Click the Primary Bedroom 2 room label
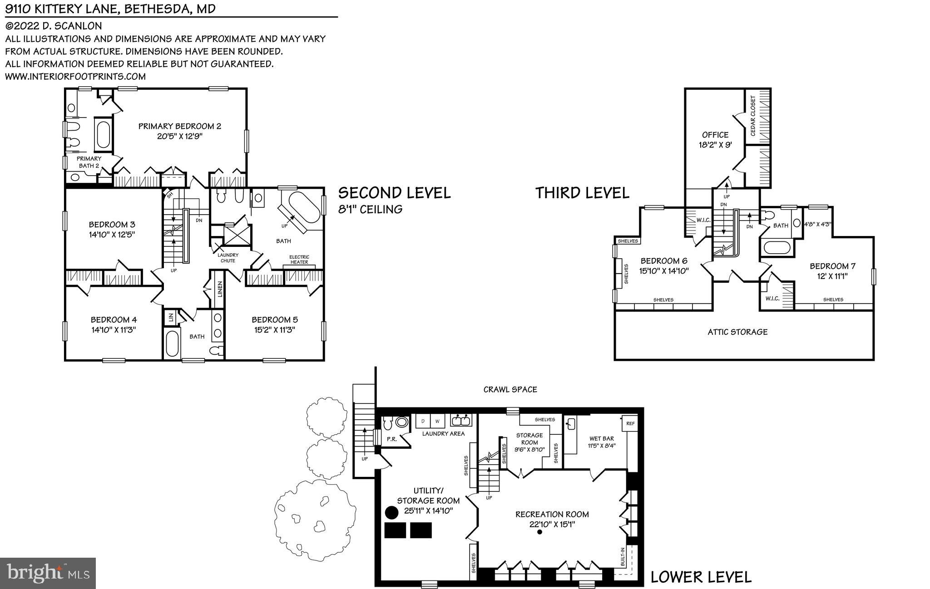click(180, 126)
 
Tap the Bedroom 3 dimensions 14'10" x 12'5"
click(112, 235)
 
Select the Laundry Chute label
click(228, 258)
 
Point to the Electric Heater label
click(299, 260)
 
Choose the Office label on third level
click(715, 135)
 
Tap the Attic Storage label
click(737, 332)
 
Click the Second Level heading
click(394, 193)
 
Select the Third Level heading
click(582, 193)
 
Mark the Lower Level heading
click(701, 577)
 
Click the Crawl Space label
click(510, 389)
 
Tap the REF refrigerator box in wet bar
click(630, 423)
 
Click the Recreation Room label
click(552, 514)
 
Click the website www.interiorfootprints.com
click(75, 76)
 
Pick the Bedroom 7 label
click(832, 266)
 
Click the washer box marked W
click(437, 421)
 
